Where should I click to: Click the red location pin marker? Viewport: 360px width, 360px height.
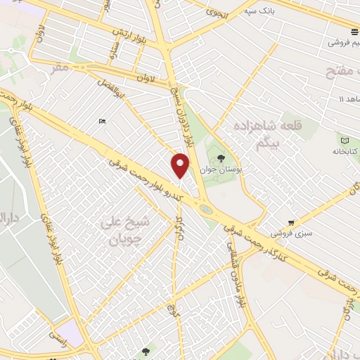[181, 165]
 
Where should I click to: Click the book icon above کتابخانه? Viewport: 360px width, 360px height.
[345, 139]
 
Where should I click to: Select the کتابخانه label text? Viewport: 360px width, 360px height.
[346, 151]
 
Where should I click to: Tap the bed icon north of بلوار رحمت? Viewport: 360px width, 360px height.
[103, 121]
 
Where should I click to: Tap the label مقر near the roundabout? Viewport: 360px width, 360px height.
[60, 69]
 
